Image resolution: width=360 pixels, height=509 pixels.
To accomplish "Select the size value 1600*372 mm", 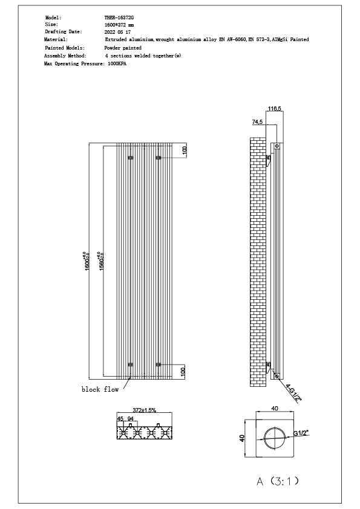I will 120,25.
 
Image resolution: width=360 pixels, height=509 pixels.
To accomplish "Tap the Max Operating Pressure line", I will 85,62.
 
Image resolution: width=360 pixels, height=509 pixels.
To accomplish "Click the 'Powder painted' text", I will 123,47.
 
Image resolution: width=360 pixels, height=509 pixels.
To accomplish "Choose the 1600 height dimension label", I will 87,261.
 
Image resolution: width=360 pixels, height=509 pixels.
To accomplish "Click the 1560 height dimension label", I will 102,261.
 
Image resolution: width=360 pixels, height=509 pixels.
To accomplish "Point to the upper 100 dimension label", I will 185,150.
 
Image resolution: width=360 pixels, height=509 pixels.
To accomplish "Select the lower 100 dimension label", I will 185,371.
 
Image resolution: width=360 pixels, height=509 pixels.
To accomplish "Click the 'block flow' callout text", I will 100,390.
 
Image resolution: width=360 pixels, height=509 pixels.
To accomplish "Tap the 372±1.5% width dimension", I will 145,410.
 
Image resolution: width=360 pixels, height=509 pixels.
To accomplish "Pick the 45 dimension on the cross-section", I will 120,418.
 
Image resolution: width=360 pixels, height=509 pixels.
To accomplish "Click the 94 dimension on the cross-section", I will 131,418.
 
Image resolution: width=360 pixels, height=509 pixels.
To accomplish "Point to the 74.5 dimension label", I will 257,122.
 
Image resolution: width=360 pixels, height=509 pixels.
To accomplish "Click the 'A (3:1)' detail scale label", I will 278,481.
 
